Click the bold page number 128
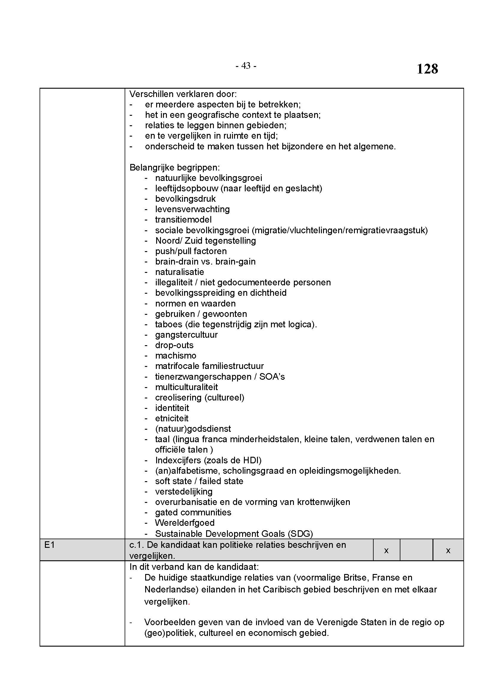point(427,69)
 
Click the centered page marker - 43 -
point(246,65)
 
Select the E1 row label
point(49,545)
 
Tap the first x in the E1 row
point(386,550)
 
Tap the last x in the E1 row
point(448,550)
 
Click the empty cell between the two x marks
point(416,550)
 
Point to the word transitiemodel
point(183,220)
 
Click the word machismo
point(176,355)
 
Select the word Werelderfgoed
point(185,523)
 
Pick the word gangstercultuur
point(186,335)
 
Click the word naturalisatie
point(180,272)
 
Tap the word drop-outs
point(174,345)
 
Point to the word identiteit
point(172,408)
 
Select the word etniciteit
point(172,418)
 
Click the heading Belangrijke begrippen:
point(175,167)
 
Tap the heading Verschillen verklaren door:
point(183,94)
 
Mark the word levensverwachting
point(192,209)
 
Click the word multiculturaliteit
point(187,387)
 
